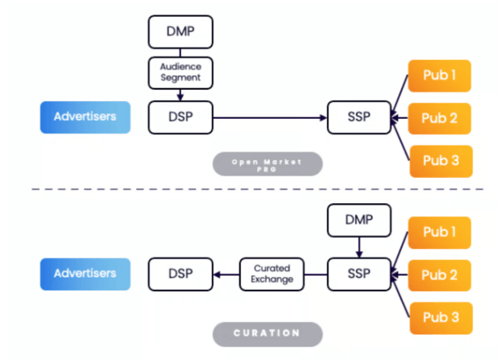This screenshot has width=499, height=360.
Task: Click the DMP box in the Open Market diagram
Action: pyautogui.click(x=180, y=32)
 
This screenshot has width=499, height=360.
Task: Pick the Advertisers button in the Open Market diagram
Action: pyautogui.click(x=85, y=117)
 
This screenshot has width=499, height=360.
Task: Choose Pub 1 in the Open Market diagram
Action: pyautogui.click(x=440, y=75)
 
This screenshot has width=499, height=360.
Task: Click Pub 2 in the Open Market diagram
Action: pyautogui.click(x=440, y=118)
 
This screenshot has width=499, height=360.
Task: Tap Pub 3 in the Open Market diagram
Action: pyautogui.click(x=440, y=161)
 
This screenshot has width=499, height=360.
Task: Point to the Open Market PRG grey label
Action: pyautogui.click(x=267, y=164)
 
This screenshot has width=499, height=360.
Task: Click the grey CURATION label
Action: pyautogui.click(x=267, y=333)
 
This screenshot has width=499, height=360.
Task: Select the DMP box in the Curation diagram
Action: pyautogui.click(x=358, y=220)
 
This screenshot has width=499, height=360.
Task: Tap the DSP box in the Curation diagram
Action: pyautogui.click(x=180, y=273)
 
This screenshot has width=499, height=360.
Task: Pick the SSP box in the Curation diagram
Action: pyautogui.click(x=358, y=273)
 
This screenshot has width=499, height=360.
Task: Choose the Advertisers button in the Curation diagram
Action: pyautogui.click(x=85, y=273)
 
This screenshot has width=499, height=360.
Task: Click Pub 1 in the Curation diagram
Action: pyautogui.click(x=440, y=232)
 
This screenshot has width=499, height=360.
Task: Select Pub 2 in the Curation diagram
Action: pyautogui.click(x=440, y=274)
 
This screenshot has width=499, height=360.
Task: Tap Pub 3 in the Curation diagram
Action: pyautogui.click(x=440, y=317)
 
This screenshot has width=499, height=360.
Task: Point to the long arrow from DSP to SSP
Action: pyautogui.click(x=269, y=118)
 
